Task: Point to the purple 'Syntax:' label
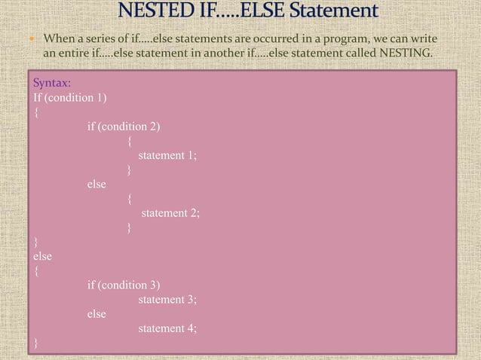(x=52, y=84)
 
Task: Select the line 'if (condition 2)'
(x=124, y=127)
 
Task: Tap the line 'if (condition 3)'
(x=124, y=285)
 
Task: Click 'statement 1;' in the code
(x=167, y=156)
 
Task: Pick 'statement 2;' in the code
(x=170, y=213)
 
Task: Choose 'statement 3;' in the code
(x=167, y=300)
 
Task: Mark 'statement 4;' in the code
(x=167, y=328)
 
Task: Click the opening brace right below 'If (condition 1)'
(x=35, y=113)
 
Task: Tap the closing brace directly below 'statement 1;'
(x=130, y=170)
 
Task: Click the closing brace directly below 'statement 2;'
(x=130, y=227)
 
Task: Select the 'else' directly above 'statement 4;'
(x=97, y=314)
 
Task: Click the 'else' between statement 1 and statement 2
(x=97, y=185)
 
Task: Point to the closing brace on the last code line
(x=35, y=343)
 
